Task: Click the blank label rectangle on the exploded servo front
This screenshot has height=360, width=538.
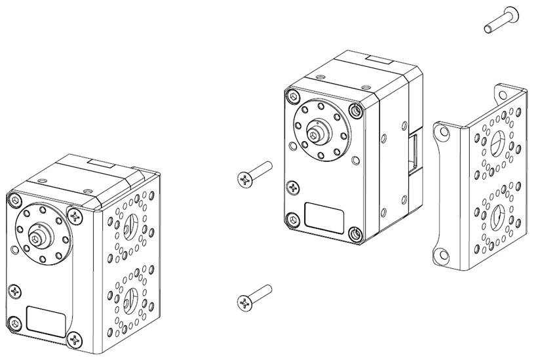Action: [325, 216]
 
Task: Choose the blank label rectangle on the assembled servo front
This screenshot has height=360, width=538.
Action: [46, 319]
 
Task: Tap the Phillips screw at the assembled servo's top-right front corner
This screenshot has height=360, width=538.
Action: [77, 214]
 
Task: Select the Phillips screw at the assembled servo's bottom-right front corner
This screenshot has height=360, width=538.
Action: [75, 340]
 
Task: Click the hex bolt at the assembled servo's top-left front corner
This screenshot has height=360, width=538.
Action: [13, 199]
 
